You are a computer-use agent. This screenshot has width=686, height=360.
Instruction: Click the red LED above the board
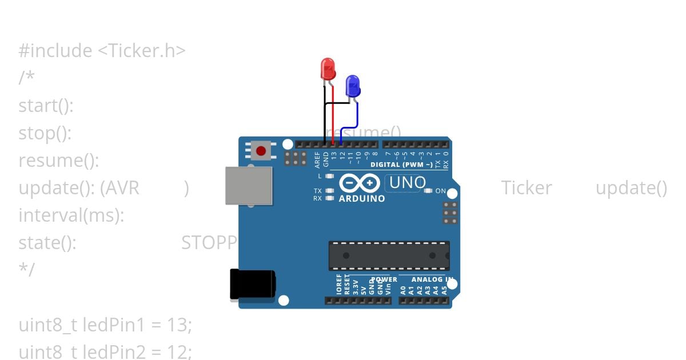click(328, 69)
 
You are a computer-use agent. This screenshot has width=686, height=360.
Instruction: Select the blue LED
click(353, 86)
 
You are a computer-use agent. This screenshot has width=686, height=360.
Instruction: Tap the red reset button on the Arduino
click(261, 151)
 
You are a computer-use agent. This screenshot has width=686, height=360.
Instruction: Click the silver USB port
click(248, 185)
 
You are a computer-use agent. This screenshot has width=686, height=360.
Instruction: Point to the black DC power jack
click(252, 284)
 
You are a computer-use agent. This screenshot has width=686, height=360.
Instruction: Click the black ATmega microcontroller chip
click(389, 255)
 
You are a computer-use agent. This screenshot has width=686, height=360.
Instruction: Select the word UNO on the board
click(408, 183)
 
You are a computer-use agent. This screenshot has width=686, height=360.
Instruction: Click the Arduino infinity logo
click(360, 183)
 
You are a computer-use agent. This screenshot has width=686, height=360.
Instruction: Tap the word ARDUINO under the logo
click(362, 199)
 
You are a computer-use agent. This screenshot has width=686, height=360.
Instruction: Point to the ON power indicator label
click(440, 191)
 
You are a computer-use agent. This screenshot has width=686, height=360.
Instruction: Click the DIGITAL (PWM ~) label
click(401, 165)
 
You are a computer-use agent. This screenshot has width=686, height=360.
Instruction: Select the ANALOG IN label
click(432, 279)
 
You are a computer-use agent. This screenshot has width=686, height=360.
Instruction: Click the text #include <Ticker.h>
click(102, 51)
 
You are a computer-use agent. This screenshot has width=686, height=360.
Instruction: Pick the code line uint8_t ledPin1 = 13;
click(105, 325)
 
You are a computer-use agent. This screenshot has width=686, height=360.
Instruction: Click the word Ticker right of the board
click(527, 188)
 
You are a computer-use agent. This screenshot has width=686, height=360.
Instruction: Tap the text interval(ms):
click(71, 215)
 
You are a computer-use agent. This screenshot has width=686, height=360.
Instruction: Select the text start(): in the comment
click(46, 106)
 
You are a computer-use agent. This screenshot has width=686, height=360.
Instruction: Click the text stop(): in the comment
click(45, 133)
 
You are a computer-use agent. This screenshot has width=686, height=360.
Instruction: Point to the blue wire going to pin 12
click(349, 127)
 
